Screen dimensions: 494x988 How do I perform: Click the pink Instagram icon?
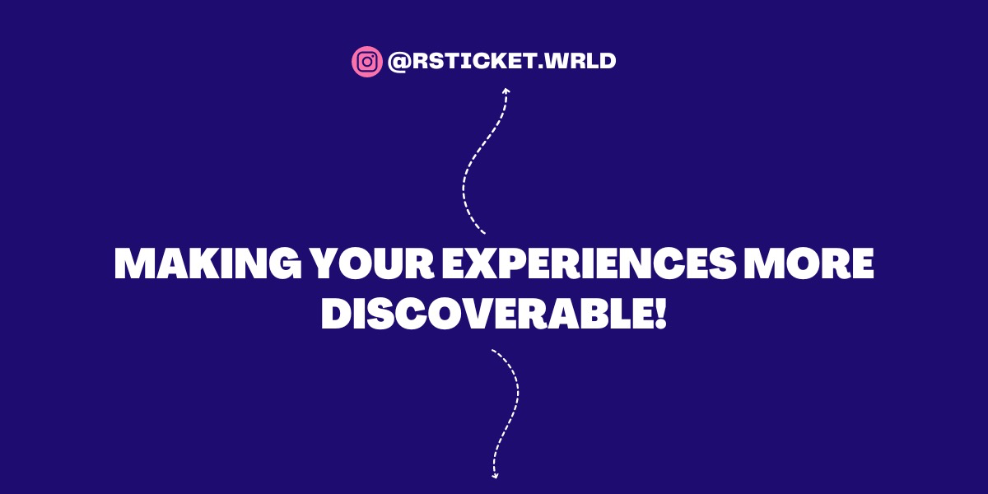click(x=367, y=62)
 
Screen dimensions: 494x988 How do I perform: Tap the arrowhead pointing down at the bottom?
click(x=494, y=474)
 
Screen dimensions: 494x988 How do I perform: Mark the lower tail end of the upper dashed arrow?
click(x=484, y=233)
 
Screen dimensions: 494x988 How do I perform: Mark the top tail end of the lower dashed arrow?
click(x=493, y=351)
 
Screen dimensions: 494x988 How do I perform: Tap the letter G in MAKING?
click(x=281, y=264)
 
